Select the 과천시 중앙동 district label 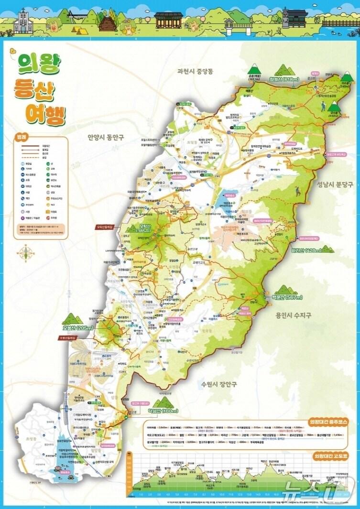pos(195,72)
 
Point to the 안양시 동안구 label pos(106,137)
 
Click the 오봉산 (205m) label pos(77,328)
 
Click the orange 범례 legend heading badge pos(23,135)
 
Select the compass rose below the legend pos(23,252)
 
